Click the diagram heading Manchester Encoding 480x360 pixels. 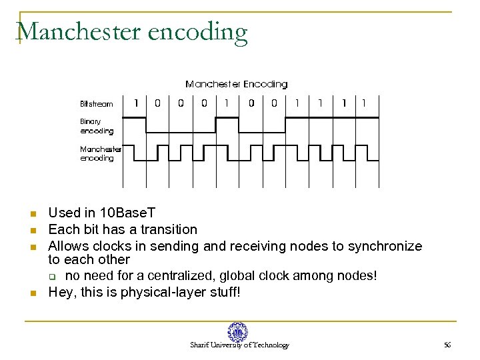tap(236, 84)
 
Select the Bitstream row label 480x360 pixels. tap(97, 104)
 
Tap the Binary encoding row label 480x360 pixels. tap(96, 126)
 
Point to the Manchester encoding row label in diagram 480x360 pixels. tap(101, 153)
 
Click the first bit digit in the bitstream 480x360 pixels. tap(136, 103)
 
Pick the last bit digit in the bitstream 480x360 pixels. tap(364, 103)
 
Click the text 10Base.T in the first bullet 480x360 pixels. tap(127, 213)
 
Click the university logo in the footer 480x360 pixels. tap(237, 332)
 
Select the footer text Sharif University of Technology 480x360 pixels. tap(239, 345)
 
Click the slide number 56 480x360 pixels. tap(447, 345)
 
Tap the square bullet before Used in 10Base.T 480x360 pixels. tap(32, 214)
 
